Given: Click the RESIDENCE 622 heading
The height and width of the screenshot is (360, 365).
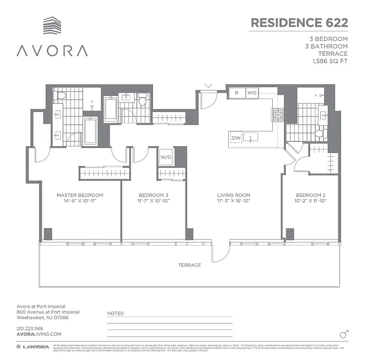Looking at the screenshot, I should pyautogui.click(x=299, y=22).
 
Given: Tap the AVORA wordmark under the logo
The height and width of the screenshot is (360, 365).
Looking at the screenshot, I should pyautogui.click(x=52, y=50).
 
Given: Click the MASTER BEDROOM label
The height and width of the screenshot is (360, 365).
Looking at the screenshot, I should pyautogui.click(x=80, y=195).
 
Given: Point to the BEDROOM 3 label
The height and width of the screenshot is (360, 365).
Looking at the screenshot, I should pyautogui.click(x=153, y=195).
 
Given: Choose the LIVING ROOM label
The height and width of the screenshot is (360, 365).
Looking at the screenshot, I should pyautogui.click(x=233, y=195).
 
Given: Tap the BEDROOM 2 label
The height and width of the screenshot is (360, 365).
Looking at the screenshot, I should pyautogui.click(x=311, y=195).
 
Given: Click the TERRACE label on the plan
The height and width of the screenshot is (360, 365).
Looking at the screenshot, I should pyautogui.click(x=189, y=265).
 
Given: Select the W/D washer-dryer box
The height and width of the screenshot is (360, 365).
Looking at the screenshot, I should pyautogui.click(x=165, y=157).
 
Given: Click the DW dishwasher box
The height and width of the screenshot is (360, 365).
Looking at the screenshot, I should pyautogui.click(x=236, y=138).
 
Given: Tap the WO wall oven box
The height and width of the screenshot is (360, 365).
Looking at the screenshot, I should pyautogui.click(x=252, y=93).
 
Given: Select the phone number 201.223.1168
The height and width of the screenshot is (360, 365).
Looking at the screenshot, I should pyautogui.click(x=29, y=328).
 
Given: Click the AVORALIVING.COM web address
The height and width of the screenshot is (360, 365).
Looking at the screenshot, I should pyautogui.click(x=38, y=334).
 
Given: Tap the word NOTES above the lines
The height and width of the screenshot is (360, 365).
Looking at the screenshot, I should pyautogui.click(x=116, y=312).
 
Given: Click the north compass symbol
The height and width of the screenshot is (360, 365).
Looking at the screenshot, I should pyautogui.click(x=343, y=334).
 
